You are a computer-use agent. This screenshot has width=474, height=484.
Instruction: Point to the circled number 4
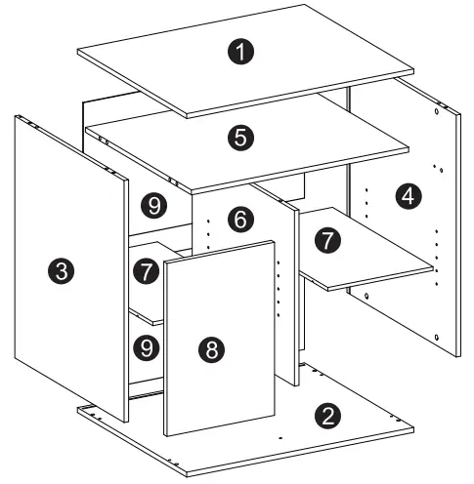click(x=409, y=196)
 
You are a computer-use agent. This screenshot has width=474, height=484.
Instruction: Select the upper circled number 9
click(x=150, y=205)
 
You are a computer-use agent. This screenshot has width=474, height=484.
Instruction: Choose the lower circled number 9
click(x=147, y=345)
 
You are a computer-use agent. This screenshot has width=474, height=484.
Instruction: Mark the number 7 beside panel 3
click(x=147, y=270)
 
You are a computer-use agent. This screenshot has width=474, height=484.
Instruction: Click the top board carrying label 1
click(x=293, y=68)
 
